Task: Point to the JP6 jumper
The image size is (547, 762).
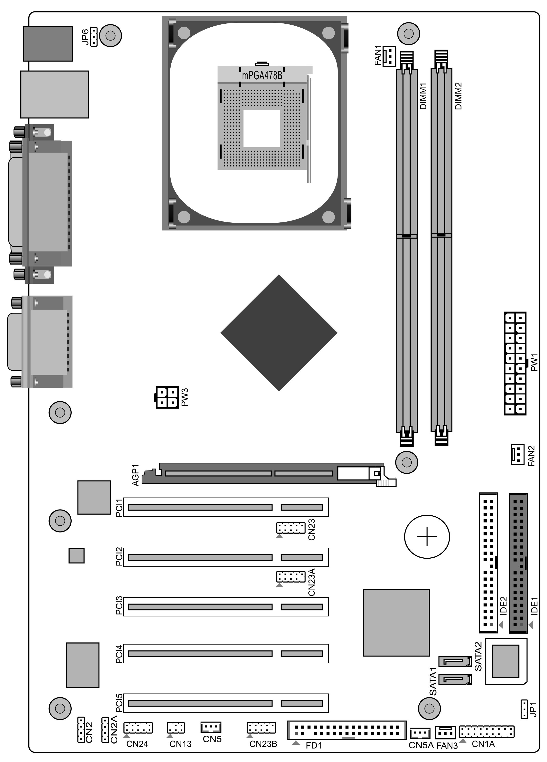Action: [94, 36]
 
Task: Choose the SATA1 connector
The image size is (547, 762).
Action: [455, 680]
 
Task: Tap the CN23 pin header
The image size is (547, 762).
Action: [290, 528]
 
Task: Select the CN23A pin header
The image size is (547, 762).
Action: [290, 577]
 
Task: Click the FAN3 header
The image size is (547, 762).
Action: [445, 732]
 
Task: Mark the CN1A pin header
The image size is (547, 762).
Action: [486, 731]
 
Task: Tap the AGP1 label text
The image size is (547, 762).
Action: [136, 475]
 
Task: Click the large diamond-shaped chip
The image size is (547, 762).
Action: [279, 333]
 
